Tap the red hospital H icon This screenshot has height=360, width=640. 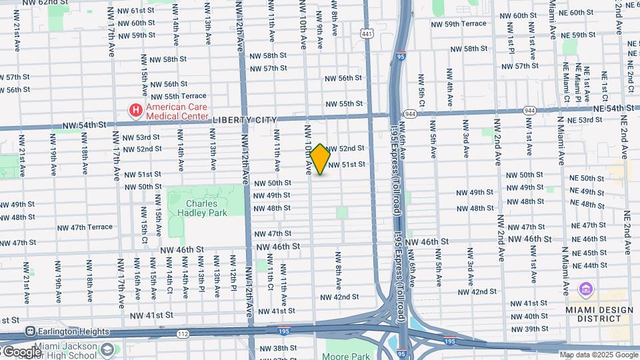point(136,109)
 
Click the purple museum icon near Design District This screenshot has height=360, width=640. point(586,289)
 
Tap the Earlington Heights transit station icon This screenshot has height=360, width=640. point(31,331)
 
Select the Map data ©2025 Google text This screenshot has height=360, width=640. point(597,355)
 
